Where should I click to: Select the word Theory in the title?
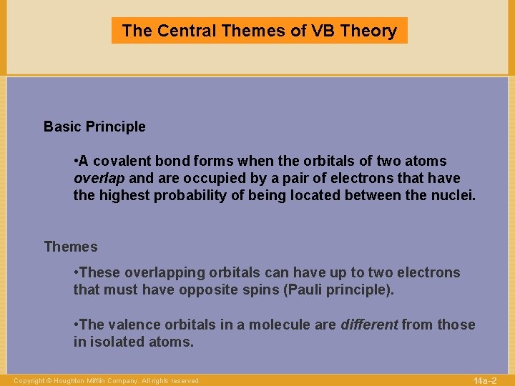click(369, 31)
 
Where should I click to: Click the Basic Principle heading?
click(94, 127)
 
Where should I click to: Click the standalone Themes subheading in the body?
click(70, 247)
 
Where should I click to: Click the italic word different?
click(368, 325)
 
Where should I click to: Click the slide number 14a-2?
click(485, 380)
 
